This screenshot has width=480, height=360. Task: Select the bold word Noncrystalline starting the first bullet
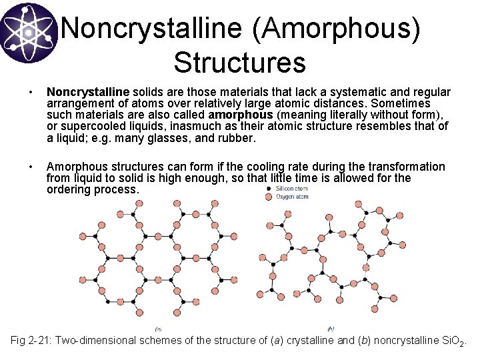(x=88, y=91)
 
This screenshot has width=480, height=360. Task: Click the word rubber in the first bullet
(x=238, y=138)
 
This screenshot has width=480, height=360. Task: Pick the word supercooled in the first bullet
(x=88, y=127)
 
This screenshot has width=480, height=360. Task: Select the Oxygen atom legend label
(x=293, y=197)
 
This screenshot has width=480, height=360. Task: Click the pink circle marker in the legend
(x=269, y=197)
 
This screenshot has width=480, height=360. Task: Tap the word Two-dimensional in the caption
(x=99, y=341)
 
